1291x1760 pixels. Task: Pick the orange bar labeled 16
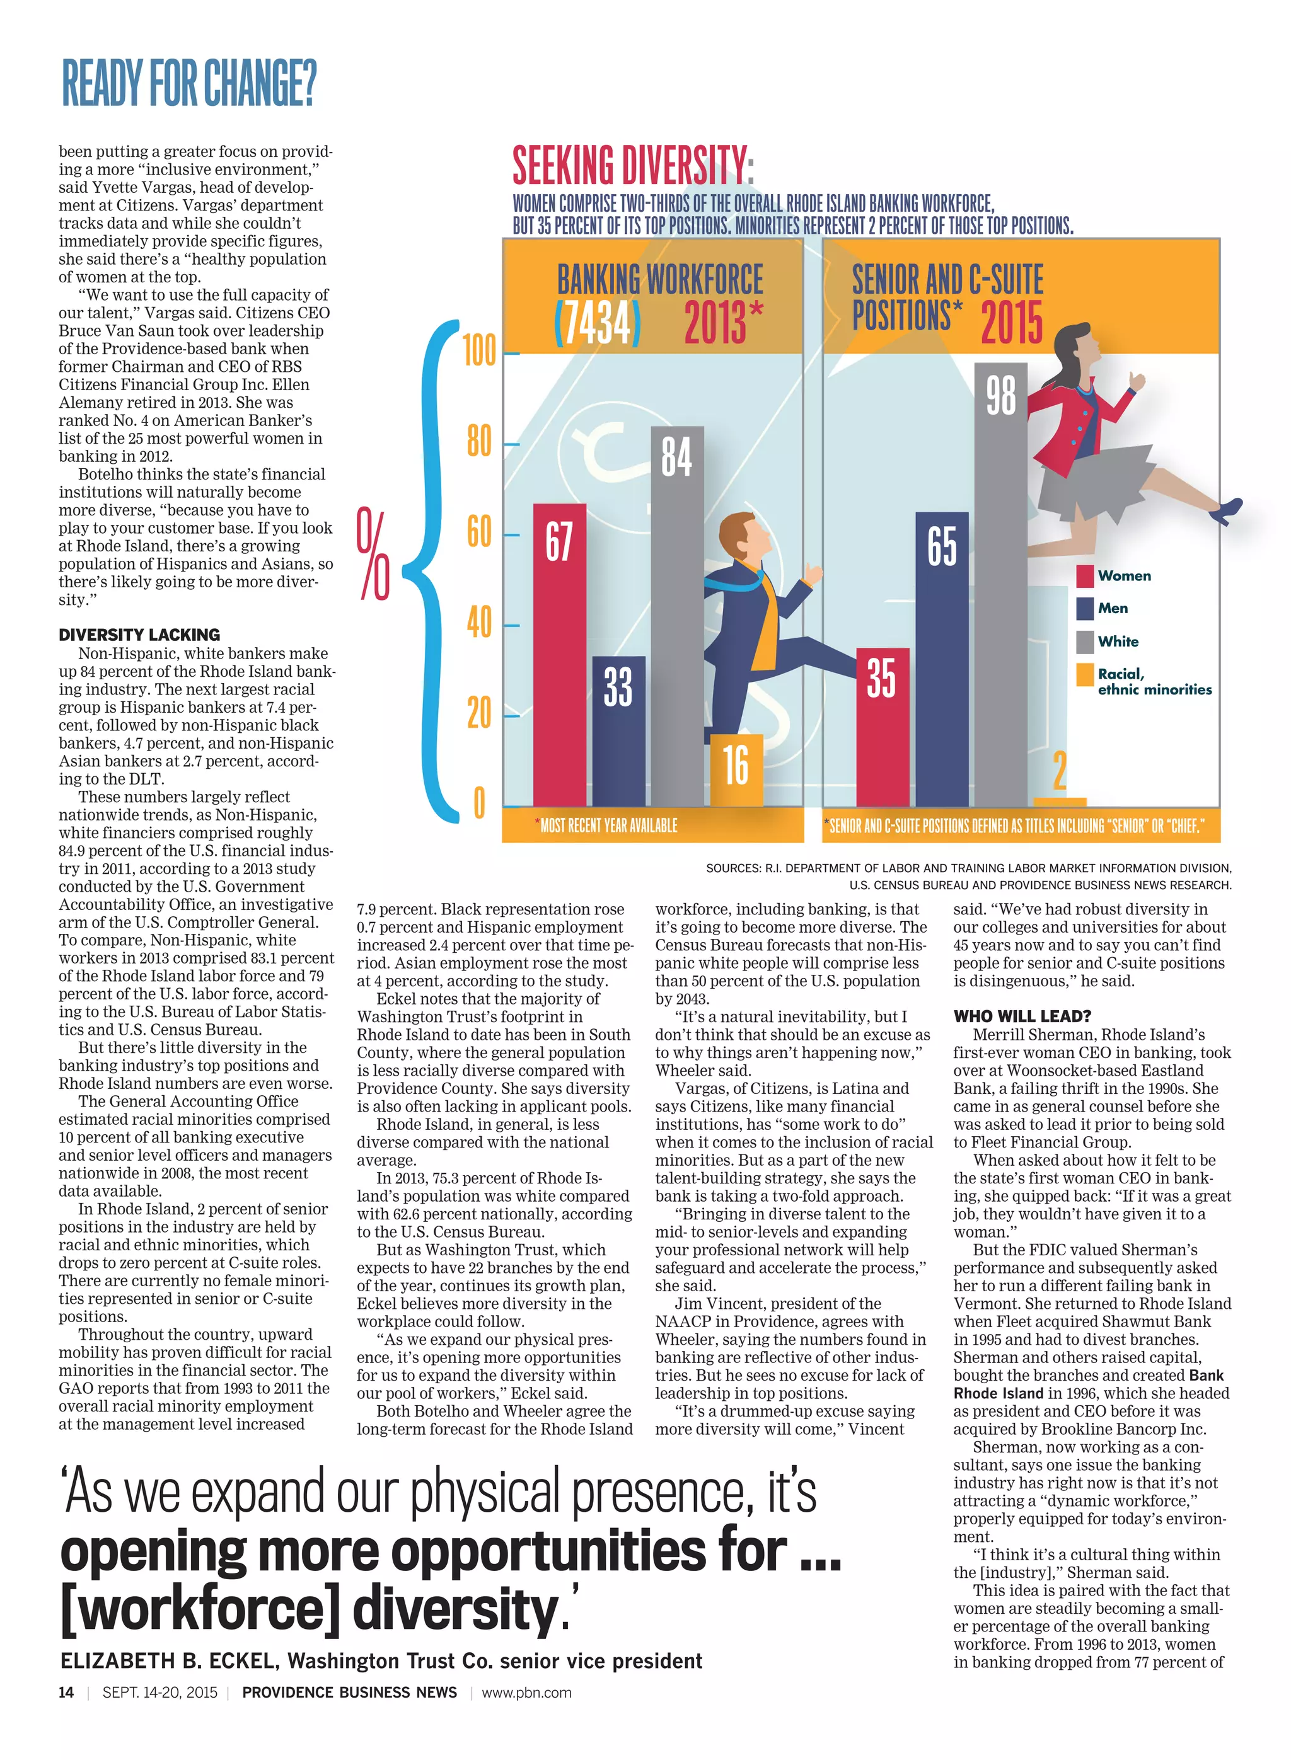click(736, 769)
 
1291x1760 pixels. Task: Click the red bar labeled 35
click(883, 727)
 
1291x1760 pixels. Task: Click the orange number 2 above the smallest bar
click(1059, 770)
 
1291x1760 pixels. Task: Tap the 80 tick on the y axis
click(478, 443)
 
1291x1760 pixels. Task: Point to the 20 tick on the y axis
click(478, 713)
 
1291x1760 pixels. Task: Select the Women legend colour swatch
click(1084, 576)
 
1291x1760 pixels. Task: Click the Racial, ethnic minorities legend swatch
click(1084, 674)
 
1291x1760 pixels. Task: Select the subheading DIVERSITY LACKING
click(139, 635)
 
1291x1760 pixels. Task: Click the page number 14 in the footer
click(66, 1692)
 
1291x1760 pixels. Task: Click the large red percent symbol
click(374, 553)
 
